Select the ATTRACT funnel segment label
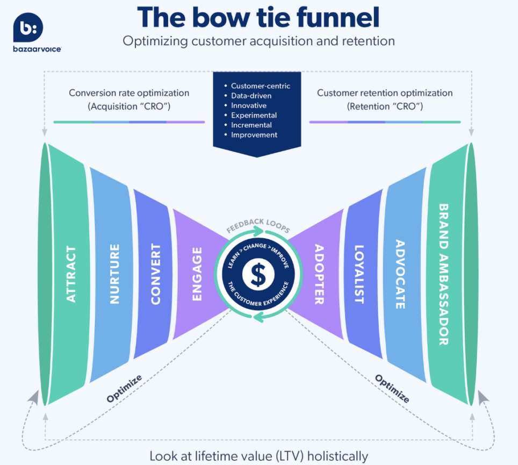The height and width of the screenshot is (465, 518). tap(70, 274)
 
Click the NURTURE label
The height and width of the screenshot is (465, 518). tap(114, 274)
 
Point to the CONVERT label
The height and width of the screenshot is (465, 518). tap(155, 274)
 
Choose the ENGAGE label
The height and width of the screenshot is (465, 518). tap(197, 274)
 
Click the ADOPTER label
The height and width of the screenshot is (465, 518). tap(319, 275)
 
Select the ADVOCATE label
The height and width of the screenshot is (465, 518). tap(400, 275)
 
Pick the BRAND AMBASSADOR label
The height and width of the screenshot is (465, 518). tap(443, 274)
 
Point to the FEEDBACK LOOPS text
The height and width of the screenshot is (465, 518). tap(258, 224)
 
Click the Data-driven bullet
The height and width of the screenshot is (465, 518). tap(251, 96)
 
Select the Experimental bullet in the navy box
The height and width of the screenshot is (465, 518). tap(254, 115)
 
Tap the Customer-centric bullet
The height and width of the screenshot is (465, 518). tap(260, 86)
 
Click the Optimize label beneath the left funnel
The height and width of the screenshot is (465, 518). tap(124, 389)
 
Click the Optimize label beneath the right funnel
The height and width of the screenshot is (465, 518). tap(392, 389)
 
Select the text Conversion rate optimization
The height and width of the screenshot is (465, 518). tap(129, 93)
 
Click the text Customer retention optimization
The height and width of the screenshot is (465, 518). tap(385, 93)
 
